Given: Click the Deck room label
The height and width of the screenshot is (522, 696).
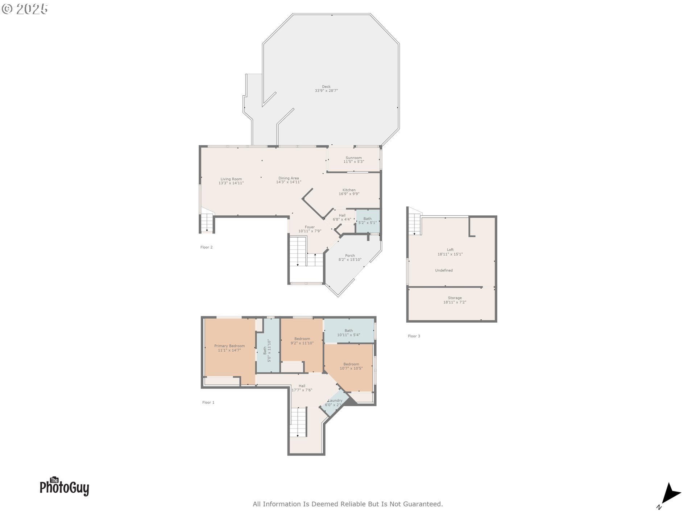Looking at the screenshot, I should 326,87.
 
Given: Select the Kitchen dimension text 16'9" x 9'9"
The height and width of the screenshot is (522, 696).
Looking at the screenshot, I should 349,194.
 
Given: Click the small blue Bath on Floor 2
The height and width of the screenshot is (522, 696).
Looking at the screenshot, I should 367,221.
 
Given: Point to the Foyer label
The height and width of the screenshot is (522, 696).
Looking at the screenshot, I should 310,227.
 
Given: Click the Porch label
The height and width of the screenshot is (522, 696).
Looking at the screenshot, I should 350,256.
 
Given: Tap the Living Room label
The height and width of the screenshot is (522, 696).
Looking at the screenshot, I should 231,179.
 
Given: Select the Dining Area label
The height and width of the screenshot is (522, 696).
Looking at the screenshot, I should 289,178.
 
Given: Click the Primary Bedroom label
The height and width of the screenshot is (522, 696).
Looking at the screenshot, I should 229,346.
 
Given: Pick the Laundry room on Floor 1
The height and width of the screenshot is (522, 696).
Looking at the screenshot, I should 334,403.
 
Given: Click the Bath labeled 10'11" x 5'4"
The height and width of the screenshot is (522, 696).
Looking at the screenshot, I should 348,333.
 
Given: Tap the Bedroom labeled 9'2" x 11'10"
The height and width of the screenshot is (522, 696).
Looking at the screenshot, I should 302,341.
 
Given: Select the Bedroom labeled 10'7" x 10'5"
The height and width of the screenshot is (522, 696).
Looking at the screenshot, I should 351,366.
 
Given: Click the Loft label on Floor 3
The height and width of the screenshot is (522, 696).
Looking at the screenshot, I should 450,250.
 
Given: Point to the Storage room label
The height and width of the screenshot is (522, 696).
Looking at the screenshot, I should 455,298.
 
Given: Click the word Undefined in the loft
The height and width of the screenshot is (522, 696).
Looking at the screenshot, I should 444,270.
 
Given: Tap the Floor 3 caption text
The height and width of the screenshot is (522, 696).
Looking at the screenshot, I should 414,336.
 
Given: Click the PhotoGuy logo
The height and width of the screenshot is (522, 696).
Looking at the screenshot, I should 64,486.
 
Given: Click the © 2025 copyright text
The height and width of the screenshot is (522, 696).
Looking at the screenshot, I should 25,9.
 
